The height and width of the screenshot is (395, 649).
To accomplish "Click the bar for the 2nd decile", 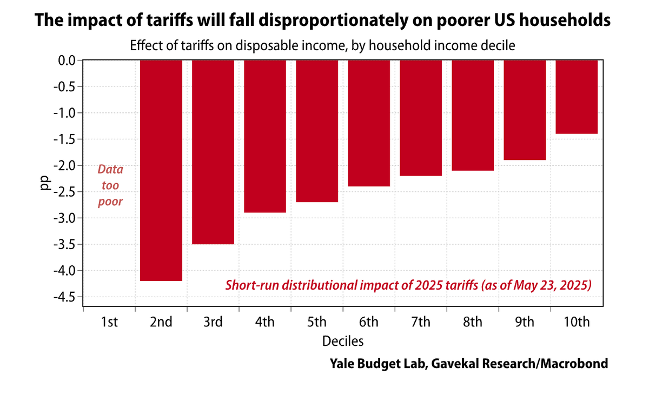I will pyautogui.click(x=161, y=170).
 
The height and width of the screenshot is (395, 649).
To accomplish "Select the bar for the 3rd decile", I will pyautogui.click(x=213, y=152).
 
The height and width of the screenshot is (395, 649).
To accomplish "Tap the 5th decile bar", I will pyautogui.click(x=317, y=131).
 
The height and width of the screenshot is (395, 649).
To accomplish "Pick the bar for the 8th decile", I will pyautogui.click(x=473, y=115).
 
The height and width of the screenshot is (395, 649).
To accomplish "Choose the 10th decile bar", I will pyautogui.click(x=577, y=97).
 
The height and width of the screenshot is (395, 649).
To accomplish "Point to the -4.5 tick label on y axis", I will pyautogui.click(x=65, y=297).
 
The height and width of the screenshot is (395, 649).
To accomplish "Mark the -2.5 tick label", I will pyautogui.click(x=65, y=192).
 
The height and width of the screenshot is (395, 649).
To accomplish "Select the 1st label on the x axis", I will pyautogui.click(x=109, y=323).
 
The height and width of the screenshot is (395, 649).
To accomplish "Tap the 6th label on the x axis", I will pyautogui.click(x=368, y=323).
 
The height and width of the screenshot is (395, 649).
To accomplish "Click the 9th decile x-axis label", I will pyautogui.click(x=524, y=323).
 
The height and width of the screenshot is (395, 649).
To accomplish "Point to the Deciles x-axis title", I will pyautogui.click(x=343, y=341).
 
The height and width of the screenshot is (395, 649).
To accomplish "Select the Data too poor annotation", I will pyautogui.click(x=110, y=185).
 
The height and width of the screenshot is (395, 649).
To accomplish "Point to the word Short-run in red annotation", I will pyautogui.click(x=250, y=285).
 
